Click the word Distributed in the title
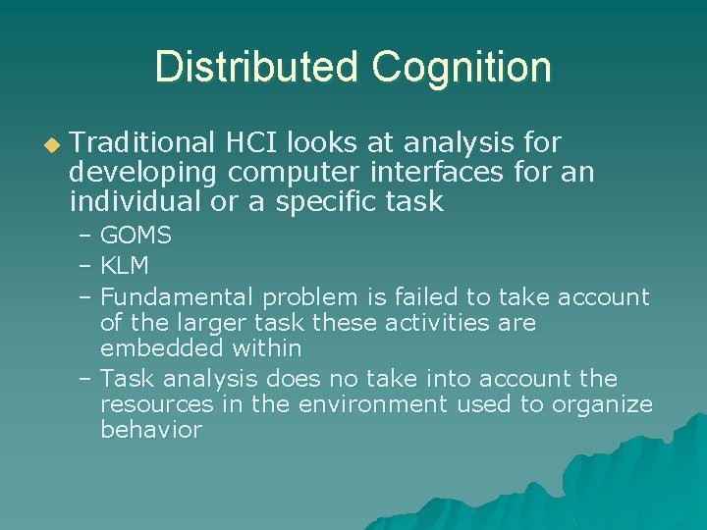(x=256, y=68)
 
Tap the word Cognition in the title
(x=462, y=68)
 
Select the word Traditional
(x=142, y=143)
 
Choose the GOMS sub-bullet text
(x=136, y=236)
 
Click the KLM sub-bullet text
(x=125, y=266)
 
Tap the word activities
(x=425, y=322)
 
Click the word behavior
(x=151, y=429)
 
